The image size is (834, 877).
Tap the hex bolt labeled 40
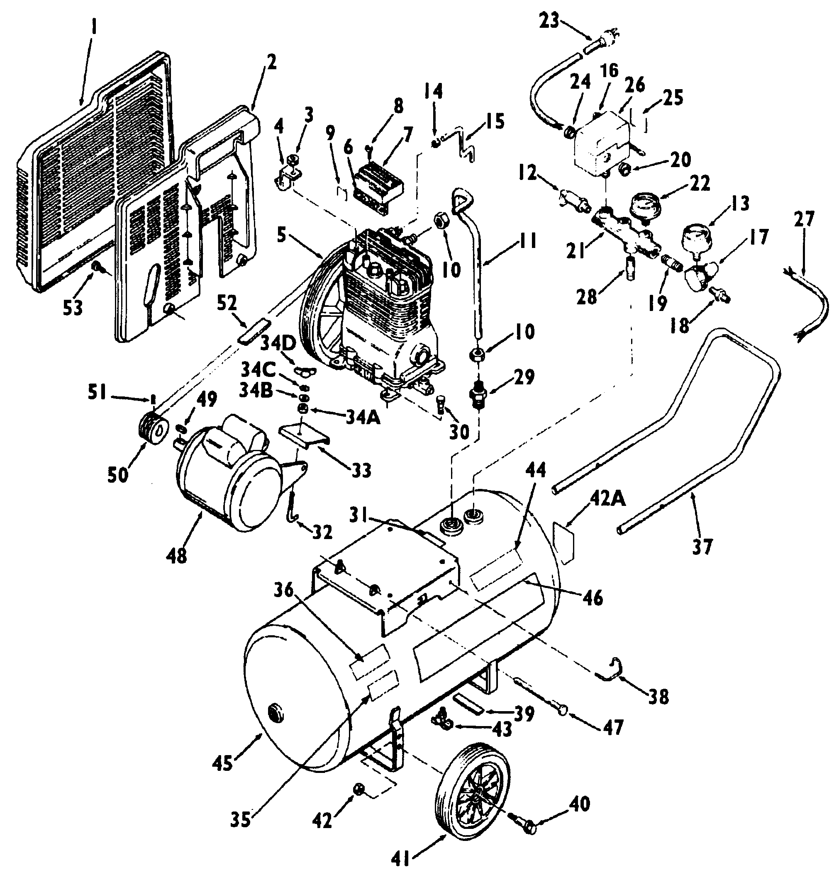(529, 827)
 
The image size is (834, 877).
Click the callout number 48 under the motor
(177, 555)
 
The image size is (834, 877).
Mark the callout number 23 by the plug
(549, 20)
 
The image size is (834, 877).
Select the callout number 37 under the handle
(702, 547)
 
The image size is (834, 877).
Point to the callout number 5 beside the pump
(281, 236)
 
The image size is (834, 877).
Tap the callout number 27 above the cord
(804, 219)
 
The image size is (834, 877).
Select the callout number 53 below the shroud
(73, 307)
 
